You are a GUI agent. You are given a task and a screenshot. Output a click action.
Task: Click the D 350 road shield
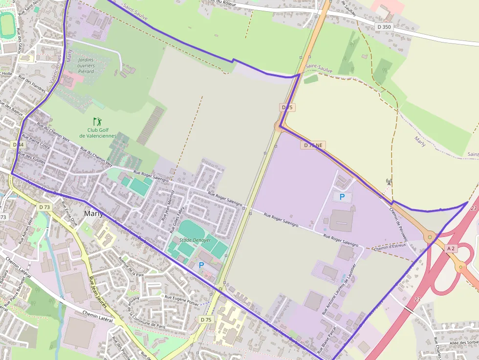pyautogui.click(x=385, y=26)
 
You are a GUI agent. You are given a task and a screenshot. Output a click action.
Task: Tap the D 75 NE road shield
pyautogui.click(x=313, y=145)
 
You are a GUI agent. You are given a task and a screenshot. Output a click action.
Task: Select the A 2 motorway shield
pyautogui.click(x=451, y=249)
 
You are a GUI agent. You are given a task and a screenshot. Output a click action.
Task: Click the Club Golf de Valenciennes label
pyautogui.click(x=98, y=133)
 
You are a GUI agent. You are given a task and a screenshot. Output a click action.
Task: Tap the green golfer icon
pyautogui.click(x=98, y=121)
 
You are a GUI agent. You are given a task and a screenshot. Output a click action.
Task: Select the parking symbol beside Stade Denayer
pyautogui.click(x=201, y=265)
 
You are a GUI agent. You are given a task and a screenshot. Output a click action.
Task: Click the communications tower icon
pyautogui.click(x=389, y=182)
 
